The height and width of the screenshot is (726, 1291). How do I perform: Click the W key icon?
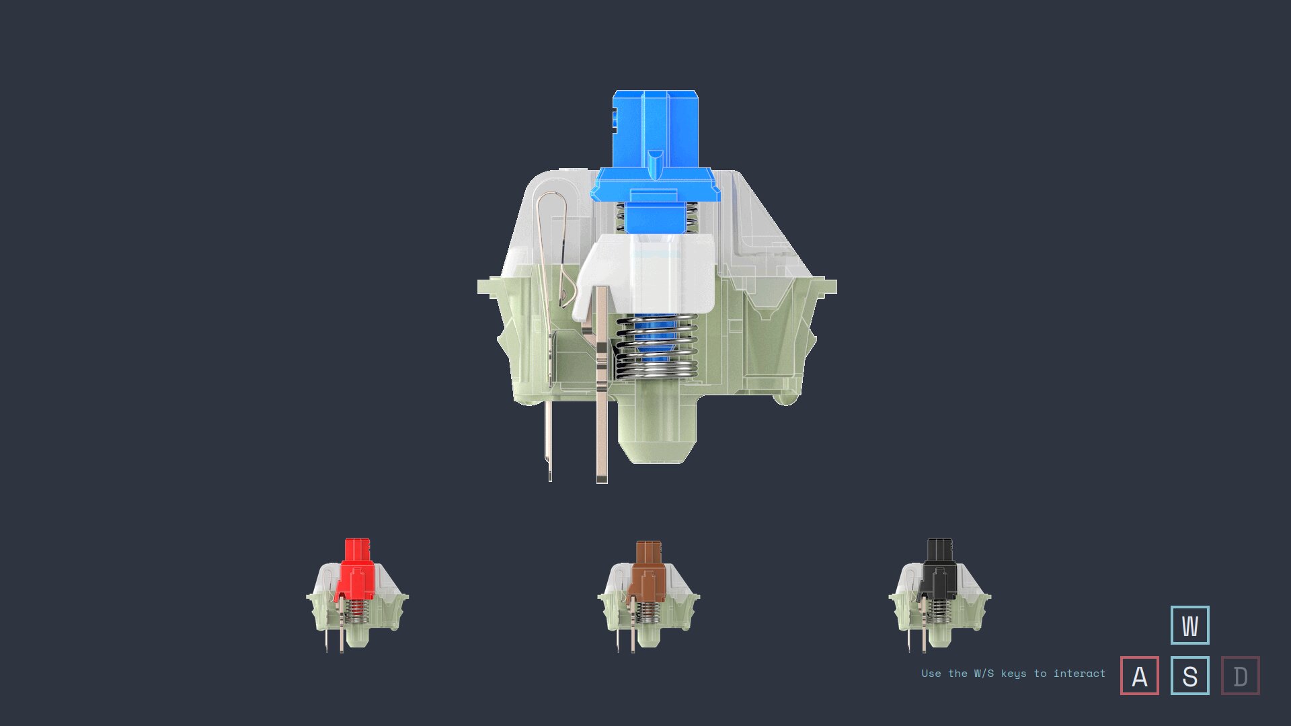[x=1189, y=625]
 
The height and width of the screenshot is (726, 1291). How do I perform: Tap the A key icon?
[x=1140, y=676]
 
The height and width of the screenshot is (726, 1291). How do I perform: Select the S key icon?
[x=1189, y=676]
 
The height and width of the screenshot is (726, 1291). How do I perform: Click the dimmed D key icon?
[x=1241, y=676]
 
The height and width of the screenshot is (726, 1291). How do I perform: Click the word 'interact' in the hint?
[x=1079, y=674]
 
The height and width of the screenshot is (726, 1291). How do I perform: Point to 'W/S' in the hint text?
[x=983, y=674]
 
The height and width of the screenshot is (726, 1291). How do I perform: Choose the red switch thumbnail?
[x=357, y=595]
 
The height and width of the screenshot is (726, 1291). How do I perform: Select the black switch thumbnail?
[x=939, y=595]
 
